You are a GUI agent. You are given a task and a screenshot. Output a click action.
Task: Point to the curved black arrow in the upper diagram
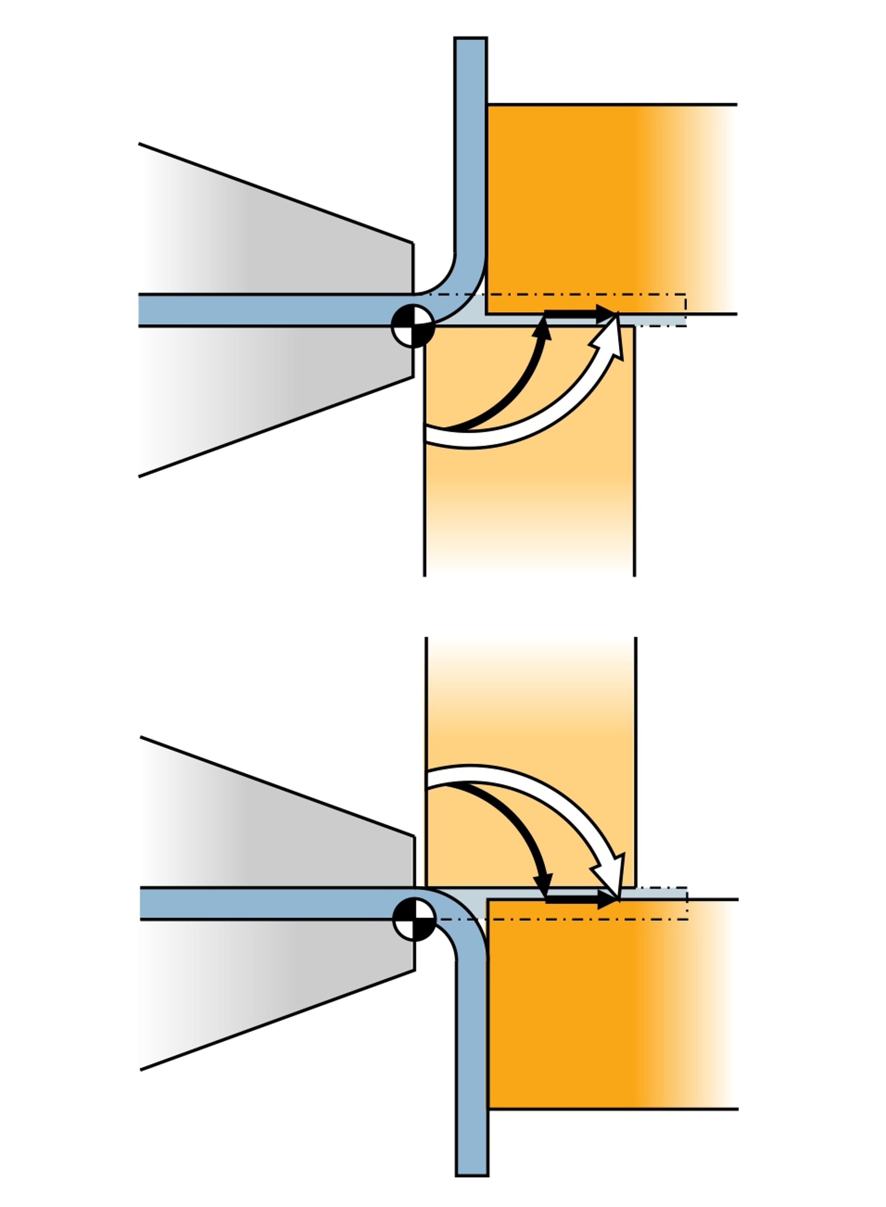coord(515,386)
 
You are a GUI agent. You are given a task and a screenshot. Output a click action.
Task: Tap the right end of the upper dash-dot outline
coord(685,310)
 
